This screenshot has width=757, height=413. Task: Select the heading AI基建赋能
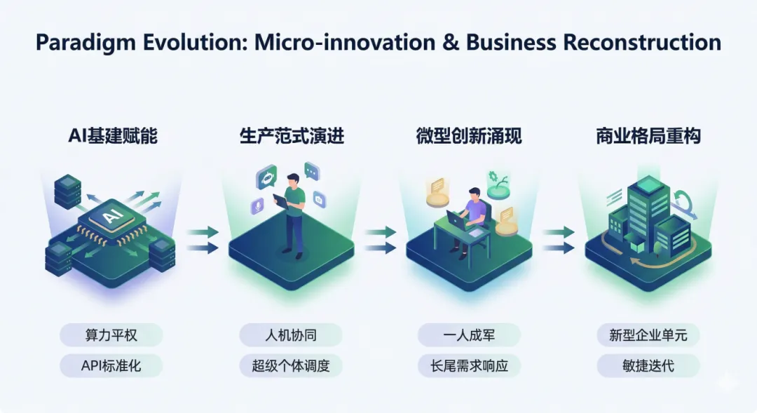pyautogui.click(x=113, y=135)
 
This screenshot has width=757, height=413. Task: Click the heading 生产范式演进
pyautogui.click(x=292, y=135)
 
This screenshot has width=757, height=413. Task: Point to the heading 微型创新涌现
pyautogui.click(x=468, y=135)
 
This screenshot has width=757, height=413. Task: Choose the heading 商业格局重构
pyautogui.click(x=648, y=135)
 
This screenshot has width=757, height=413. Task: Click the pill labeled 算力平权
pyautogui.click(x=111, y=335)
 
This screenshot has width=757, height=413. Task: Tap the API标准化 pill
pyautogui.click(x=111, y=365)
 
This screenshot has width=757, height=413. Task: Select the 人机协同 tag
pyautogui.click(x=291, y=335)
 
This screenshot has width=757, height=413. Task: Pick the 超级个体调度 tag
pyautogui.click(x=291, y=365)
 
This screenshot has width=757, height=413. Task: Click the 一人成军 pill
pyautogui.click(x=469, y=335)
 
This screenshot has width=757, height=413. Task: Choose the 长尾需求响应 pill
pyautogui.click(x=469, y=365)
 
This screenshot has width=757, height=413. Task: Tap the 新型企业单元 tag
pyautogui.click(x=648, y=335)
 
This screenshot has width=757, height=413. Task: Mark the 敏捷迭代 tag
pyautogui.click(x=648, y=365)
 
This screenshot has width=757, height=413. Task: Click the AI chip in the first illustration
pyautogui.click(x=111, y=218)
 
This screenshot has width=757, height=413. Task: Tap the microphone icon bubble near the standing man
pyautogui.click(x=257, y=206)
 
